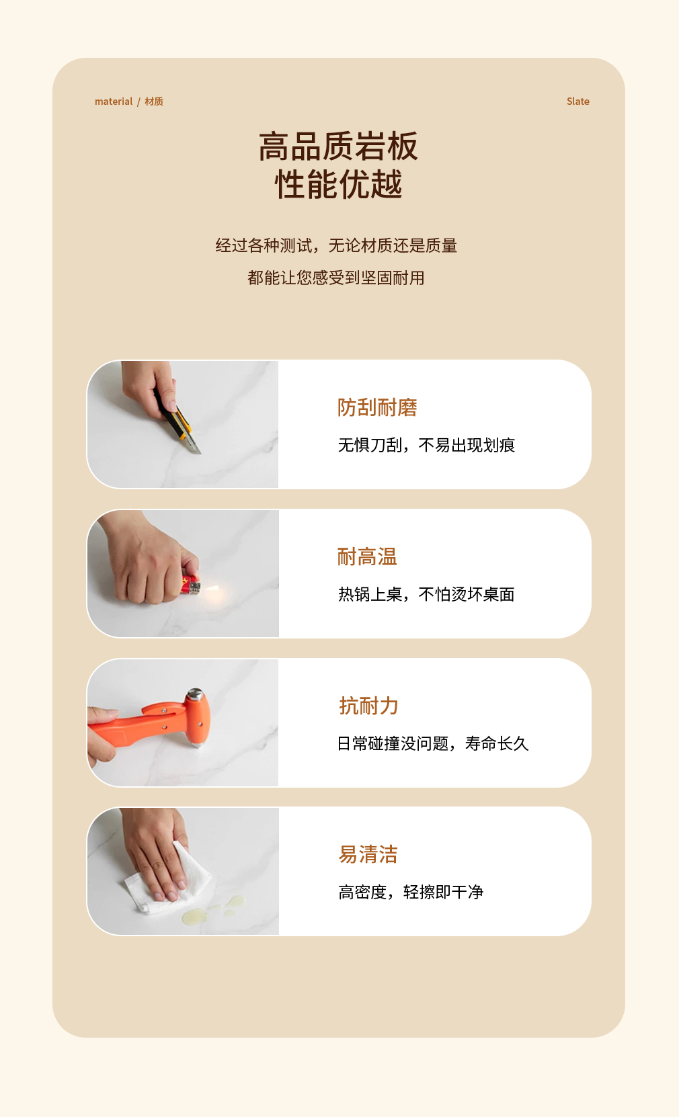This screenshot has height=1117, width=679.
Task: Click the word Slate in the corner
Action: click(x=577, y=101)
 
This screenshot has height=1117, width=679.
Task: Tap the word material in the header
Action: click(x=113, y=101)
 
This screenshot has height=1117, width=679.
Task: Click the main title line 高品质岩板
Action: click(x=338, y=147)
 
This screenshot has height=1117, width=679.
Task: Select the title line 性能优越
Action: click(x=338, y=184)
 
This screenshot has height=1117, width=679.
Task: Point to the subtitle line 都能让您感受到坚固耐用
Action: click(x=335, y=278)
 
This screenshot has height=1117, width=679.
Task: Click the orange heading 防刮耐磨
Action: click(x=377, y=407)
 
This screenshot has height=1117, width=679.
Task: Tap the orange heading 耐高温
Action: click(x=367, y=556)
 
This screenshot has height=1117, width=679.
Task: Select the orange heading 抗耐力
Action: click(x=368, y=706)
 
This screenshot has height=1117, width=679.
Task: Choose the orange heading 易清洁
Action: click(x=368, y=854)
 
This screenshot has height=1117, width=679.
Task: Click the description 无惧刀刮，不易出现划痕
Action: click(x=426, y=445)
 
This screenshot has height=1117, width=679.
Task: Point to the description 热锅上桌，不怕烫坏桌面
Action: click(x=426, y=594)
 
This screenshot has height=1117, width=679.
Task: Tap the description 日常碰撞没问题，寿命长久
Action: click(x=432, y=743)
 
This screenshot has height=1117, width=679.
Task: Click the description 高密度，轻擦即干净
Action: click(x=411, y=892)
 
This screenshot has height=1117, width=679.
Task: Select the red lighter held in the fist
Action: click(x=190, y=585)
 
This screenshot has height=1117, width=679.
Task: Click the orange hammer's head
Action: click(x=196, y=717)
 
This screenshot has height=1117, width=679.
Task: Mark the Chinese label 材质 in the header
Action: click(x=154, y=101)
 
